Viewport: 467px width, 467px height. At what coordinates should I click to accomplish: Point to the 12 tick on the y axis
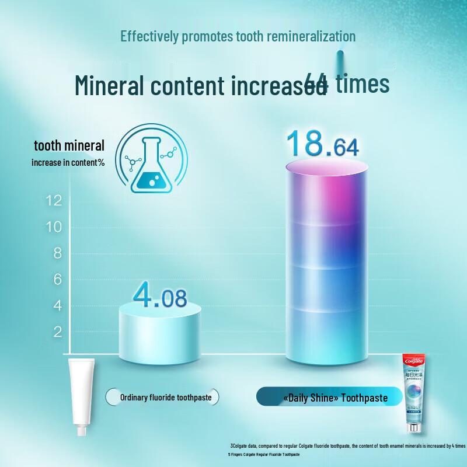coord(54,201)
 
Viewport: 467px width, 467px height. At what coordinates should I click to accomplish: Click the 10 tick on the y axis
coord(54,227)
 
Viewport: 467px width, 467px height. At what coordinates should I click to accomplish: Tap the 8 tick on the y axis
coord(57,253)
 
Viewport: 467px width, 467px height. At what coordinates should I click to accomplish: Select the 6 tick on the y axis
coord(57,280)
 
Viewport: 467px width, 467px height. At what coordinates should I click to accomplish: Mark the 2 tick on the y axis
coord(57,332)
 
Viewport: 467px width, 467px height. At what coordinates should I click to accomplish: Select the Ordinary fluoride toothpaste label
coord(170,398)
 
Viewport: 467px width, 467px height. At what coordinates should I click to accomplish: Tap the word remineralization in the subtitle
coord(311,36)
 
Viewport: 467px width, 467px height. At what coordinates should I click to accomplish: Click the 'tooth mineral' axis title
coord(69,146)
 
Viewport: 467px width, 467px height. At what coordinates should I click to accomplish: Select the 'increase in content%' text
coord(68,162)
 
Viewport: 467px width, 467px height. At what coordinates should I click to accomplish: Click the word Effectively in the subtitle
coord(149,36)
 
